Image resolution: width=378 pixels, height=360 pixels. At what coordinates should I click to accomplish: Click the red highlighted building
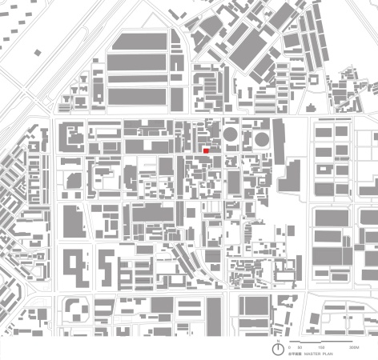tap(207, 150)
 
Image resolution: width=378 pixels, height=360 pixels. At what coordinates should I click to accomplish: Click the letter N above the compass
tap(278, 341)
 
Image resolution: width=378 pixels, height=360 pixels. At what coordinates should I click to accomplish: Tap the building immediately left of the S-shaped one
tap(74, 268)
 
